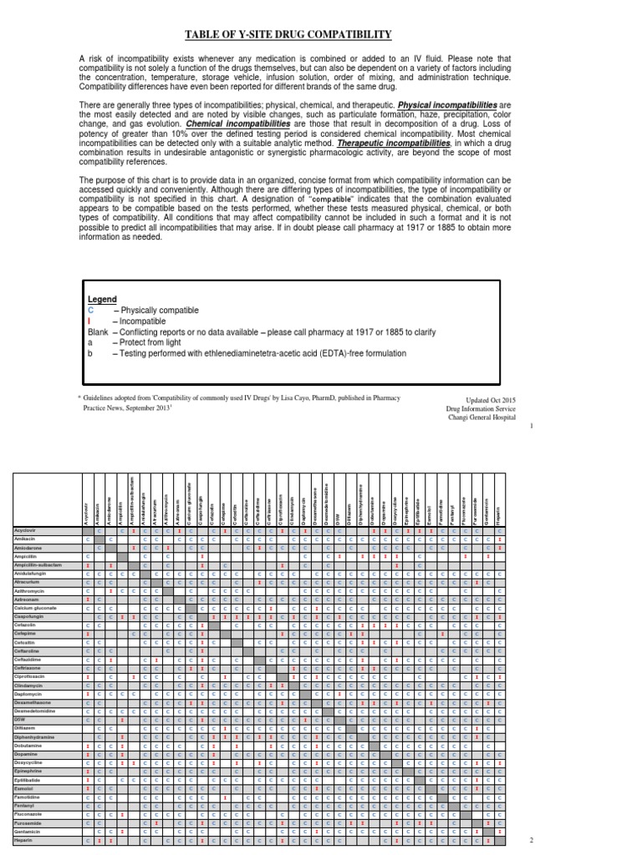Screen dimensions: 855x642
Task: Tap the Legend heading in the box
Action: tap(102, 299)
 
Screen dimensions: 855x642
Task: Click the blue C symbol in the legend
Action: tap(90, 310)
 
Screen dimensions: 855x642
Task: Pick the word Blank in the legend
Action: tap(98, 331)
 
